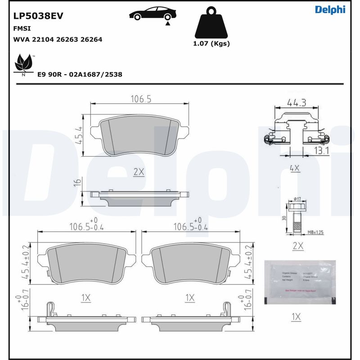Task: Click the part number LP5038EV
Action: click(38, 16)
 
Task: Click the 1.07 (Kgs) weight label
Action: click(211, 44)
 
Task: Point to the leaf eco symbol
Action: click(24, 63)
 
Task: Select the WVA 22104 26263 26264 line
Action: click(58, 40)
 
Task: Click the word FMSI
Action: click(22, 28)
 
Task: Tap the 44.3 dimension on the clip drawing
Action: click(297, 103)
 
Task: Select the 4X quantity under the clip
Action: click(295, 168)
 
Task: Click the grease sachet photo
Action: click(300, 282)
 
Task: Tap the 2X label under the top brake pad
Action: click(138, 172)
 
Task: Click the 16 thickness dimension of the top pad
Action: click(77, 182)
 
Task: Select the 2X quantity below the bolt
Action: click(297, 246)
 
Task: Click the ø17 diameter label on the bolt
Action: click(297, 199)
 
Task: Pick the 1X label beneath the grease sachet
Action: click(295, 317)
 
